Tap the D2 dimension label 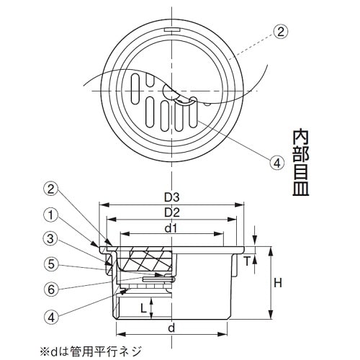point(171,212)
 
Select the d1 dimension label point(171,229)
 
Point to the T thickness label point(248,261)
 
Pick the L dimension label point(144,308)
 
